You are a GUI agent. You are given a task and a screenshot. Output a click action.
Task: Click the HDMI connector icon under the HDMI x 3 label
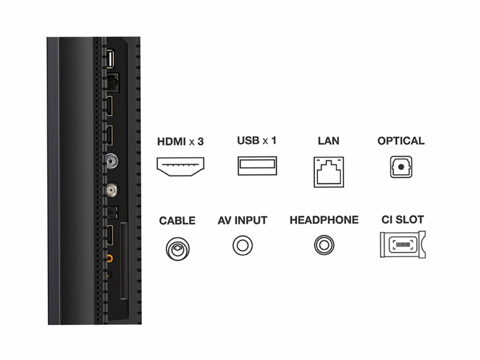coord(181,167)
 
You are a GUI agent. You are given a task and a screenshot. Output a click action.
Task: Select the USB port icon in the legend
coord(257,166)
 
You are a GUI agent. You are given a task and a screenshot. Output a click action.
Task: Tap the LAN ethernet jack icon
coord(329,172)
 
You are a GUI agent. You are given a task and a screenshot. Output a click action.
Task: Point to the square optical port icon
coord(401,167)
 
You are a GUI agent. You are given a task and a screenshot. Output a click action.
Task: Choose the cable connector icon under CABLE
coord(178,249)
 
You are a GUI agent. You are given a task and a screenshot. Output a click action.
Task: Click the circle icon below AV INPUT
coord(242,245)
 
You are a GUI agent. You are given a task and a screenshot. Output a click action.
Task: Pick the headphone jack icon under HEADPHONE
coord(324,245)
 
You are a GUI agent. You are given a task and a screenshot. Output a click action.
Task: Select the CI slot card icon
coord(403,244)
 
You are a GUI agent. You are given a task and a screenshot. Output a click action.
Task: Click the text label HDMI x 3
coord(181,142)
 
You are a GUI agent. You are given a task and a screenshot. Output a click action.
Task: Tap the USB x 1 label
coord(257,140)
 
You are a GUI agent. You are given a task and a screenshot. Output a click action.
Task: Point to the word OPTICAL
coord(401,141)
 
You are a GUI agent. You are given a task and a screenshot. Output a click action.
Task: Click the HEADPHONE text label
coord(324,220)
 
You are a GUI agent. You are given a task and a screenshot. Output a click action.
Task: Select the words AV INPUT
coord(242,220)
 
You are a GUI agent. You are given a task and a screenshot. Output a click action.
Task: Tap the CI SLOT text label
coord(403,220)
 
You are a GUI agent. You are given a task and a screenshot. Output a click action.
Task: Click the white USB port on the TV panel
coord(110,58)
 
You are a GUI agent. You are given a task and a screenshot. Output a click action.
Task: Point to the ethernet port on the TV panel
coord(112,83)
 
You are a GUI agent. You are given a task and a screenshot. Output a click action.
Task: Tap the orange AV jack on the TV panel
coord(109,259)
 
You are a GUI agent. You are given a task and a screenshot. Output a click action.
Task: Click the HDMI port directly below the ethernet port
coord(109,106)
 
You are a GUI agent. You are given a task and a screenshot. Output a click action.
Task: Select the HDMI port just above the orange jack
coord(110,235)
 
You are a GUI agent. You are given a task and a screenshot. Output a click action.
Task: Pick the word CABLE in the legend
coord(177,221)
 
